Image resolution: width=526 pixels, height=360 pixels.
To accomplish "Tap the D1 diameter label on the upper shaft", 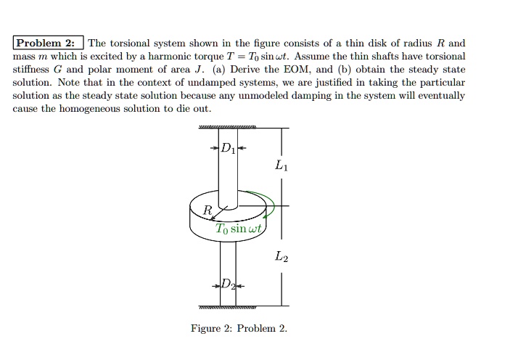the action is [x=228, y=148].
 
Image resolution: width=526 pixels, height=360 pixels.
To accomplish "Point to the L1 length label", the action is [x=281, y=165].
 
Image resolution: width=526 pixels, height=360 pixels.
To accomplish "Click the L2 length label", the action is [x=281, y=256].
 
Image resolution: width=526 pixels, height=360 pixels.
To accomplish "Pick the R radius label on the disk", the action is [x=207, y=210].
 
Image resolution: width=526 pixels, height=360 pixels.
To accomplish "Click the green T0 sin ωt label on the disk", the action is [x=238, y=228].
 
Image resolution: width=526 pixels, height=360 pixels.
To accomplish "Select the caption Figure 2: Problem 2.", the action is [x=239, y=328].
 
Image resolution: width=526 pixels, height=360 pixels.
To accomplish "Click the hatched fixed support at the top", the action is [x=227, y=127].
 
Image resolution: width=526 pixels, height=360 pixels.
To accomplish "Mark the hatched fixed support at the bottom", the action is [x=227, y=307].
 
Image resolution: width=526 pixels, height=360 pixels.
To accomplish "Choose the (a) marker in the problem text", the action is [x=218, y=70].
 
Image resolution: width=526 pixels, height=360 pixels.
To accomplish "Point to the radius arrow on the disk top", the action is [x=219, y=213].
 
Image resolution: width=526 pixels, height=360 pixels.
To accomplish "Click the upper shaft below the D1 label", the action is [x=228, y=174].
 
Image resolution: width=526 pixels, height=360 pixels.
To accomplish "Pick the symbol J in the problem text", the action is [x=200, y=70].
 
